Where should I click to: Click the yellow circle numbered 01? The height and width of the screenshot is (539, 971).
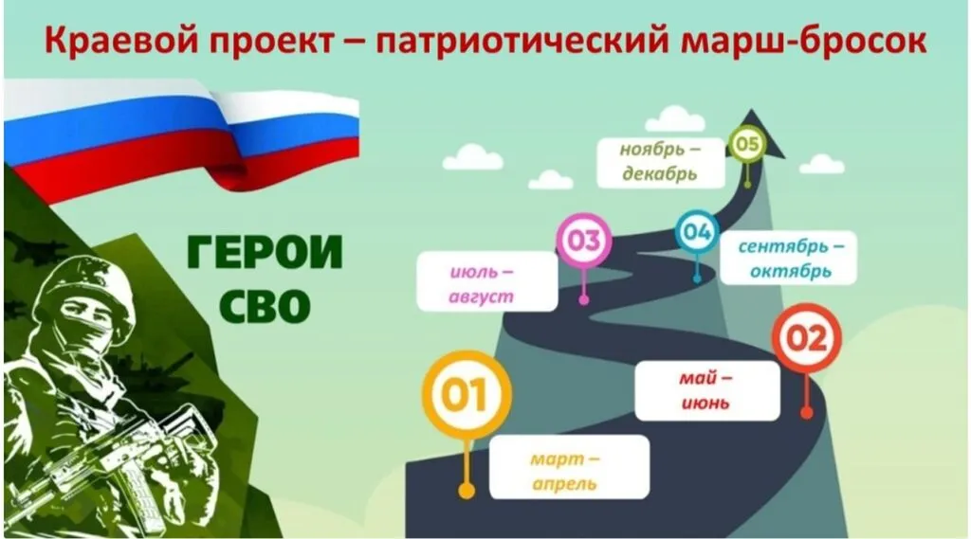[467, 395]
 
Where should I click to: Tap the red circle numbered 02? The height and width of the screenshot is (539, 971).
[806, 338]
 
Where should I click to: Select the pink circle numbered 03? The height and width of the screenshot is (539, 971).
[583, 240]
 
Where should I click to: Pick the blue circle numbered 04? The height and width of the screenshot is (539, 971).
[697, 231]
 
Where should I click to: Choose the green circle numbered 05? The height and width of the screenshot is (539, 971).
[747, 144]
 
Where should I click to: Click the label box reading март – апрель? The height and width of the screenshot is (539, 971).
[569, 467]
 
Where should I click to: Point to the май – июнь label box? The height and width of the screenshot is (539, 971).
[707, 390]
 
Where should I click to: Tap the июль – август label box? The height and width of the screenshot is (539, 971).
[487, 281]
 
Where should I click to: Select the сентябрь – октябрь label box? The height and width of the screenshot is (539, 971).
[788, 258]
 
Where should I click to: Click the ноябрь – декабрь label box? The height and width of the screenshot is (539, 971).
[661, 163]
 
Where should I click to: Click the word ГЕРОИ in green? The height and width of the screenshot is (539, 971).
[265, 253]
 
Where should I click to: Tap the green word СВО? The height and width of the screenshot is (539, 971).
[265, 306]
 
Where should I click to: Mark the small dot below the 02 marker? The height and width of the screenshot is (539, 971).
[806, 412]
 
